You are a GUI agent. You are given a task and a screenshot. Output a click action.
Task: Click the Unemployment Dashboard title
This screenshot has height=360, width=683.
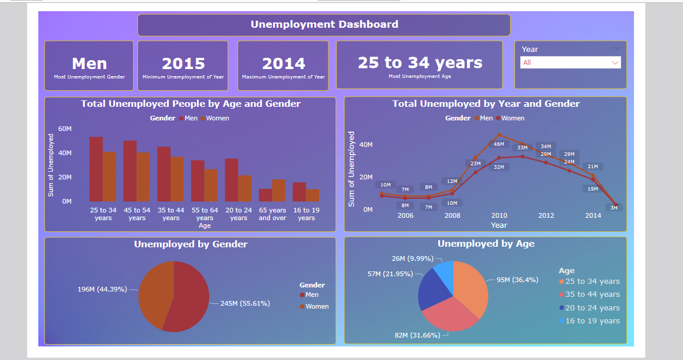324,24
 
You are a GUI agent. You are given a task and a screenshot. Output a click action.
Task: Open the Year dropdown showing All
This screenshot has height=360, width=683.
570,63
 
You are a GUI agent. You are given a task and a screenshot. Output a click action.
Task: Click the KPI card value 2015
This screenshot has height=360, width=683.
183,64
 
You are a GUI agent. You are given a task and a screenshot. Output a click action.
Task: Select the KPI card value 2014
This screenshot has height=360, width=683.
284,64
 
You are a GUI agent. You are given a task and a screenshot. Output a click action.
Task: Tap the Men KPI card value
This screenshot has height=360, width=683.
89,64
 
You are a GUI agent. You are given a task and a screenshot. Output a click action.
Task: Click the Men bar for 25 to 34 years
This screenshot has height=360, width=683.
96,169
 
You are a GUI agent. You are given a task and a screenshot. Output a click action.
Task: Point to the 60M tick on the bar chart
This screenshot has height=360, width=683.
64,129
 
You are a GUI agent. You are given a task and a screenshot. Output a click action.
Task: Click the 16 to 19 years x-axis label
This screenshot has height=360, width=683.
306,214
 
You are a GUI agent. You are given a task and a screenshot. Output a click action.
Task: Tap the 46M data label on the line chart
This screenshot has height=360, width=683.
498,144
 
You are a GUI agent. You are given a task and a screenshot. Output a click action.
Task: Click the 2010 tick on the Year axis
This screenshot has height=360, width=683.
499,215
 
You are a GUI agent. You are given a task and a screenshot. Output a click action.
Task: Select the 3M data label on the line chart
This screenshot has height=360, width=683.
613,208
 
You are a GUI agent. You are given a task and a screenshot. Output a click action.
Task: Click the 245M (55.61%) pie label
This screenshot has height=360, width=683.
245,303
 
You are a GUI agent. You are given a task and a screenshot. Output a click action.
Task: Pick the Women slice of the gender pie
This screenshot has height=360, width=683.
154,293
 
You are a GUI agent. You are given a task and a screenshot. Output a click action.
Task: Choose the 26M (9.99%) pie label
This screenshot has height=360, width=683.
412,258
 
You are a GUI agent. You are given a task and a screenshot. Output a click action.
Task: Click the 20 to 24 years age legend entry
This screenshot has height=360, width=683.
592,307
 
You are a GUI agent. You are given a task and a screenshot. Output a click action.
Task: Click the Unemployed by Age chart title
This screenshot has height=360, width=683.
486,244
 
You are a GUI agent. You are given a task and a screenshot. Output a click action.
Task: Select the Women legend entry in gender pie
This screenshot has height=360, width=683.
317,306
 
